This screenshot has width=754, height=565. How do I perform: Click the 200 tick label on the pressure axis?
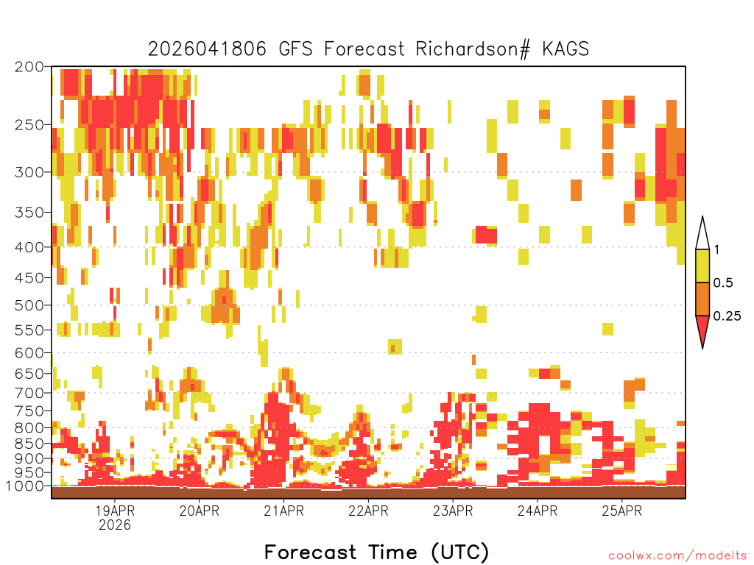pyautogui.click(x=29, y=67)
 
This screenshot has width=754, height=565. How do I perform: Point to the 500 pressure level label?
pyautogui.click(x=29, y=305)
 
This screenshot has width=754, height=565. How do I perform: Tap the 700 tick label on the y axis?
pyautogui.click(x=29, y=393)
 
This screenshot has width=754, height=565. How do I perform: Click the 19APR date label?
pyautogui.click(x=115, y=511)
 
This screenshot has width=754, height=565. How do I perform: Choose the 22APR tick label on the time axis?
pyautogui.click(x=368, y=511)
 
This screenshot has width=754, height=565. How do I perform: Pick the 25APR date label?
pyautogui.click(x=621, y=511)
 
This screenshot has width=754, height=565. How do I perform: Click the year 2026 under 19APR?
pyautogui.click(x=115, y=525)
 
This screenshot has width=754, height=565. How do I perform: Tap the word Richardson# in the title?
pyautogui.click(x=473, y=49)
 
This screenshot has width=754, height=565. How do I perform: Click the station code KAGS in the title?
pyautogui.click(x=565, y=49)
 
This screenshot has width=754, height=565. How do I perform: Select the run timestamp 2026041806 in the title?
pyautogui.click(x=207, y=49)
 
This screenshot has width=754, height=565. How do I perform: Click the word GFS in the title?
pyautogui.click(x=296, y=49)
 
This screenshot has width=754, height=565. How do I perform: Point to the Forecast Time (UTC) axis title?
pyautogui.click(x=376, y=552)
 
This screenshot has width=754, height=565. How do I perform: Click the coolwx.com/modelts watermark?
pyautogui.click(x=677, y=556)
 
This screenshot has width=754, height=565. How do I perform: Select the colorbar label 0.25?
pyautogui.click(x=727, y=316)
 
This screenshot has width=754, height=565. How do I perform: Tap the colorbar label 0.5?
pyautogui.click(x=723, y=283)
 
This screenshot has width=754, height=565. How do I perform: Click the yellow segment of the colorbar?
pyautogui.click(x=702, y=266)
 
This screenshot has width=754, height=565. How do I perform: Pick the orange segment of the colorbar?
pyautogui.click(x=702, y=299)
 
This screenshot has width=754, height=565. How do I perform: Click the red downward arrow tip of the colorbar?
pyautogui.click(x=702, y=348)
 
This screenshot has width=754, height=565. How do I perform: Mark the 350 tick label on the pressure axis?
pyautogui.click(x=29, y=213)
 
